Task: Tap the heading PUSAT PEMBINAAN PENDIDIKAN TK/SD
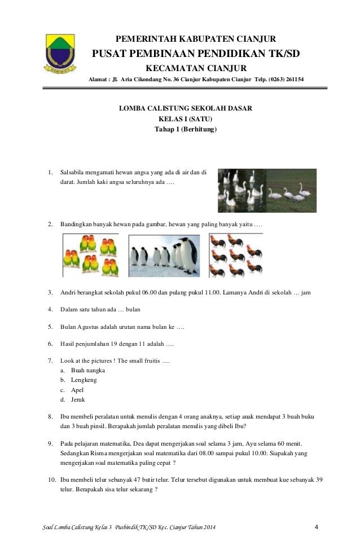tap(196, 54)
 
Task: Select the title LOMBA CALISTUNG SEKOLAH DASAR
tap(185, 108)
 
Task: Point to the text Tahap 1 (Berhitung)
tap(185, 129)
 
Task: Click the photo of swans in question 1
tap(267, 190)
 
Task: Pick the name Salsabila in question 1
tap(74, 172)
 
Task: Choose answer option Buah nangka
tap(87, 371)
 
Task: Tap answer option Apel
tap(78, 390)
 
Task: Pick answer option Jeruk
tap(78, 399)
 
